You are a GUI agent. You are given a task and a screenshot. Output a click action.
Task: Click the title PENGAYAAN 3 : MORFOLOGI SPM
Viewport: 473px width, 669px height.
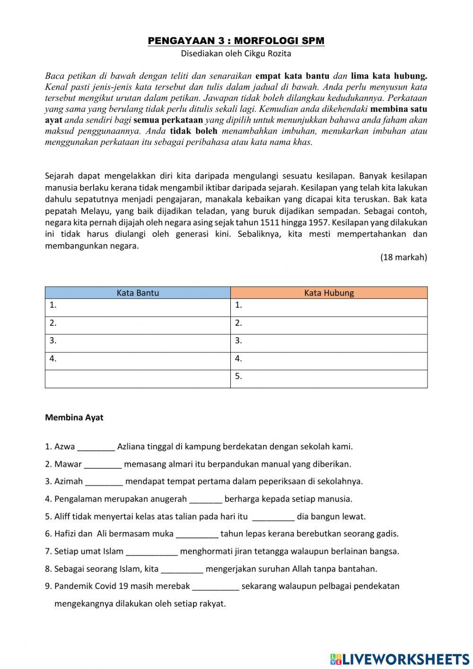coord(236,41)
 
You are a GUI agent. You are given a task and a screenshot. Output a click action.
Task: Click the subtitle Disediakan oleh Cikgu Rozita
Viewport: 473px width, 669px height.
coord(236,54)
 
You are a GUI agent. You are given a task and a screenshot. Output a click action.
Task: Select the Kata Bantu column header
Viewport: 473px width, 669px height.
coord(138,293)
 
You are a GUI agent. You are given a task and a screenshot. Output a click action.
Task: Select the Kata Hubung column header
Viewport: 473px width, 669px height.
coord(329,293)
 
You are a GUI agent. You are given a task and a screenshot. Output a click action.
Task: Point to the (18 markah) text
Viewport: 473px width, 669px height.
coord(403,257)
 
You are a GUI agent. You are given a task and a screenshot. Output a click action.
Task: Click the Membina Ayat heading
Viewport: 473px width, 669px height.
coord(74,418)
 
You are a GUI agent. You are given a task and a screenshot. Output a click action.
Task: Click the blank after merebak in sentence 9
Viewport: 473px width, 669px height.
coord(215,587)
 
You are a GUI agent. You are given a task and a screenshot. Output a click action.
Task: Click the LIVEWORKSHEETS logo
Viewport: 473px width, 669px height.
coord(400,659)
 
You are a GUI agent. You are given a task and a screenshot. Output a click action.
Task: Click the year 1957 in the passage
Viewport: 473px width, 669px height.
coord(318,223)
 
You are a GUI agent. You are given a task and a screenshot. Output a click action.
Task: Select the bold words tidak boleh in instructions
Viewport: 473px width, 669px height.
coord(193,131)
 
